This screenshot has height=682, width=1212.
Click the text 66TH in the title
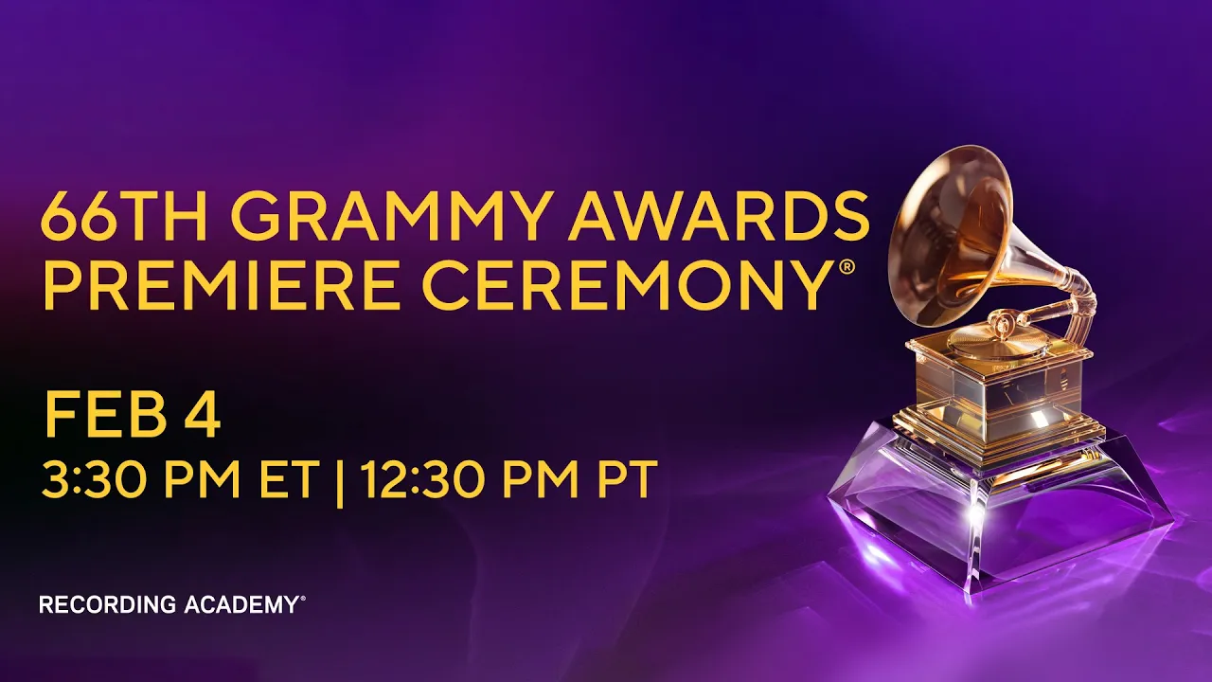123,216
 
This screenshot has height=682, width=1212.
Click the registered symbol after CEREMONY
847,267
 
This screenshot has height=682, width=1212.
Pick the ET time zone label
290,480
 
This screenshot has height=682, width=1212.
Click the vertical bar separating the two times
340,483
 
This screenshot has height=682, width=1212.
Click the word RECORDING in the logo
108,604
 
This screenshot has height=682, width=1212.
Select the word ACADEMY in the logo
241,604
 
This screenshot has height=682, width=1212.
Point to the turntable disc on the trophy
989,340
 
